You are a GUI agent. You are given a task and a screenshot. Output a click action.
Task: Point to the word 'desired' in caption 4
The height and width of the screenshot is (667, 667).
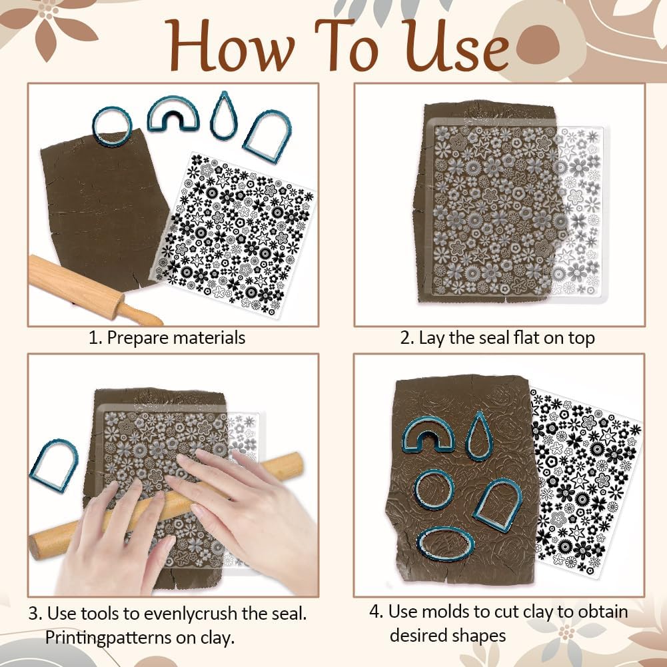tap(418, 636)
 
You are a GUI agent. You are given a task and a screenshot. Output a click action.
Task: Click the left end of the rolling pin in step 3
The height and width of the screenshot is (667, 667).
tap(34, 548)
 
